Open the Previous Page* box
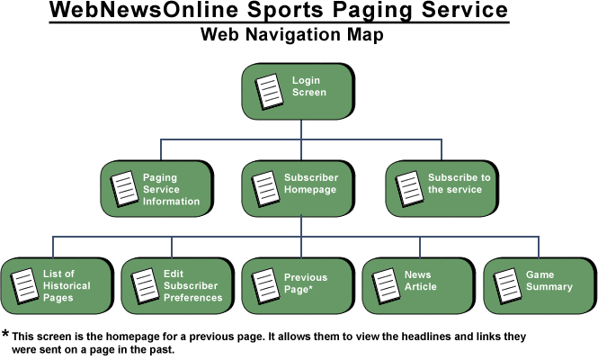pyautogui.click(x=299, y=285)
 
